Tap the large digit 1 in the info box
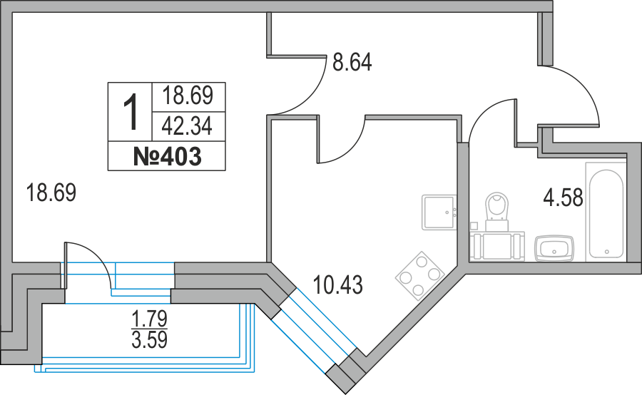(130, 113)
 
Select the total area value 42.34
(188, 126)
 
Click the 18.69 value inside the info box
(188, 96)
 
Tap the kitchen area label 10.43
(339, 286)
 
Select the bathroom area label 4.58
(564, 197)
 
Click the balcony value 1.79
(149, 316)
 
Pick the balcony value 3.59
(149, 339)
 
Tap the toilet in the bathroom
(496, 207)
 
